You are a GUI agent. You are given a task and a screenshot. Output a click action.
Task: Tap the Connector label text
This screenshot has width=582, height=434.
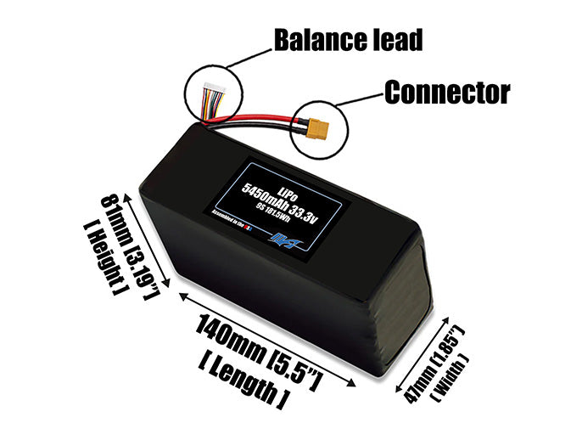(447, 91)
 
